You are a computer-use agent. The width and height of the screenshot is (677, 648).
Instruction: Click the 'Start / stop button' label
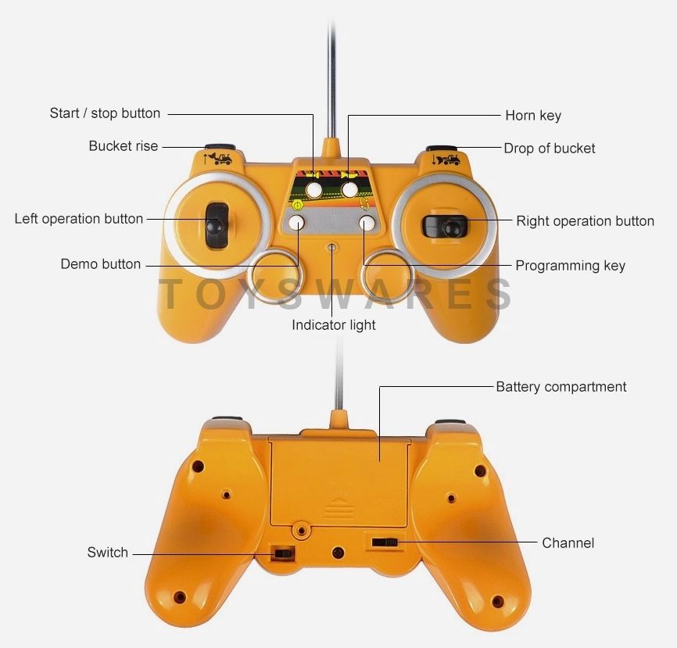(105, 113)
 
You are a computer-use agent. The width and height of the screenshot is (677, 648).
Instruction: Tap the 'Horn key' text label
(533, 116)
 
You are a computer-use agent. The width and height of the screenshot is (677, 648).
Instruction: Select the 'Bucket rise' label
(123, 146)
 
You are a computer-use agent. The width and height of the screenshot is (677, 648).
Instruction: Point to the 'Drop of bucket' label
(550, 149)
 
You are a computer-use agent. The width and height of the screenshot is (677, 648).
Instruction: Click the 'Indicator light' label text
(334, 325)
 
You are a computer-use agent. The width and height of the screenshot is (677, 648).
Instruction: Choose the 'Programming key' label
(570, 266)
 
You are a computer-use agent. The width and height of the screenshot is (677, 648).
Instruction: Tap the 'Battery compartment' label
(561, 387)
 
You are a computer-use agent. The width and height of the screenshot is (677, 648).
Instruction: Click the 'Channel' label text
(568, 542)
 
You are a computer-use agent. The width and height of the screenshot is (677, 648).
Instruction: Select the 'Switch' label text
(108, 553)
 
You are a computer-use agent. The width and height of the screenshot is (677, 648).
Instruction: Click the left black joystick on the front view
(214, 225)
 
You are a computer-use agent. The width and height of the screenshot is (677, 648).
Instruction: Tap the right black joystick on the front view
(449, 227)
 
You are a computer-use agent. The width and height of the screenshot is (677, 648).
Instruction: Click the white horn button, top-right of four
(350, 189)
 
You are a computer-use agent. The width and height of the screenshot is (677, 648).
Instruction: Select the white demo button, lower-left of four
(297, 223)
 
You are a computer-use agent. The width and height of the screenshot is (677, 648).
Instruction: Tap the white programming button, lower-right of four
(367, 223)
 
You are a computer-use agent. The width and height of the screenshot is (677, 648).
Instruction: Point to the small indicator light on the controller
(332, 248)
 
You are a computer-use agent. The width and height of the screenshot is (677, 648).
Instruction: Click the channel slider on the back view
(384, 542)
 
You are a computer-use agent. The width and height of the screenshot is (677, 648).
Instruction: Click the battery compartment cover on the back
(340, 477)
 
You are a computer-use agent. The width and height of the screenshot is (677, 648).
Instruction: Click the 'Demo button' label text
(101, 264)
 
